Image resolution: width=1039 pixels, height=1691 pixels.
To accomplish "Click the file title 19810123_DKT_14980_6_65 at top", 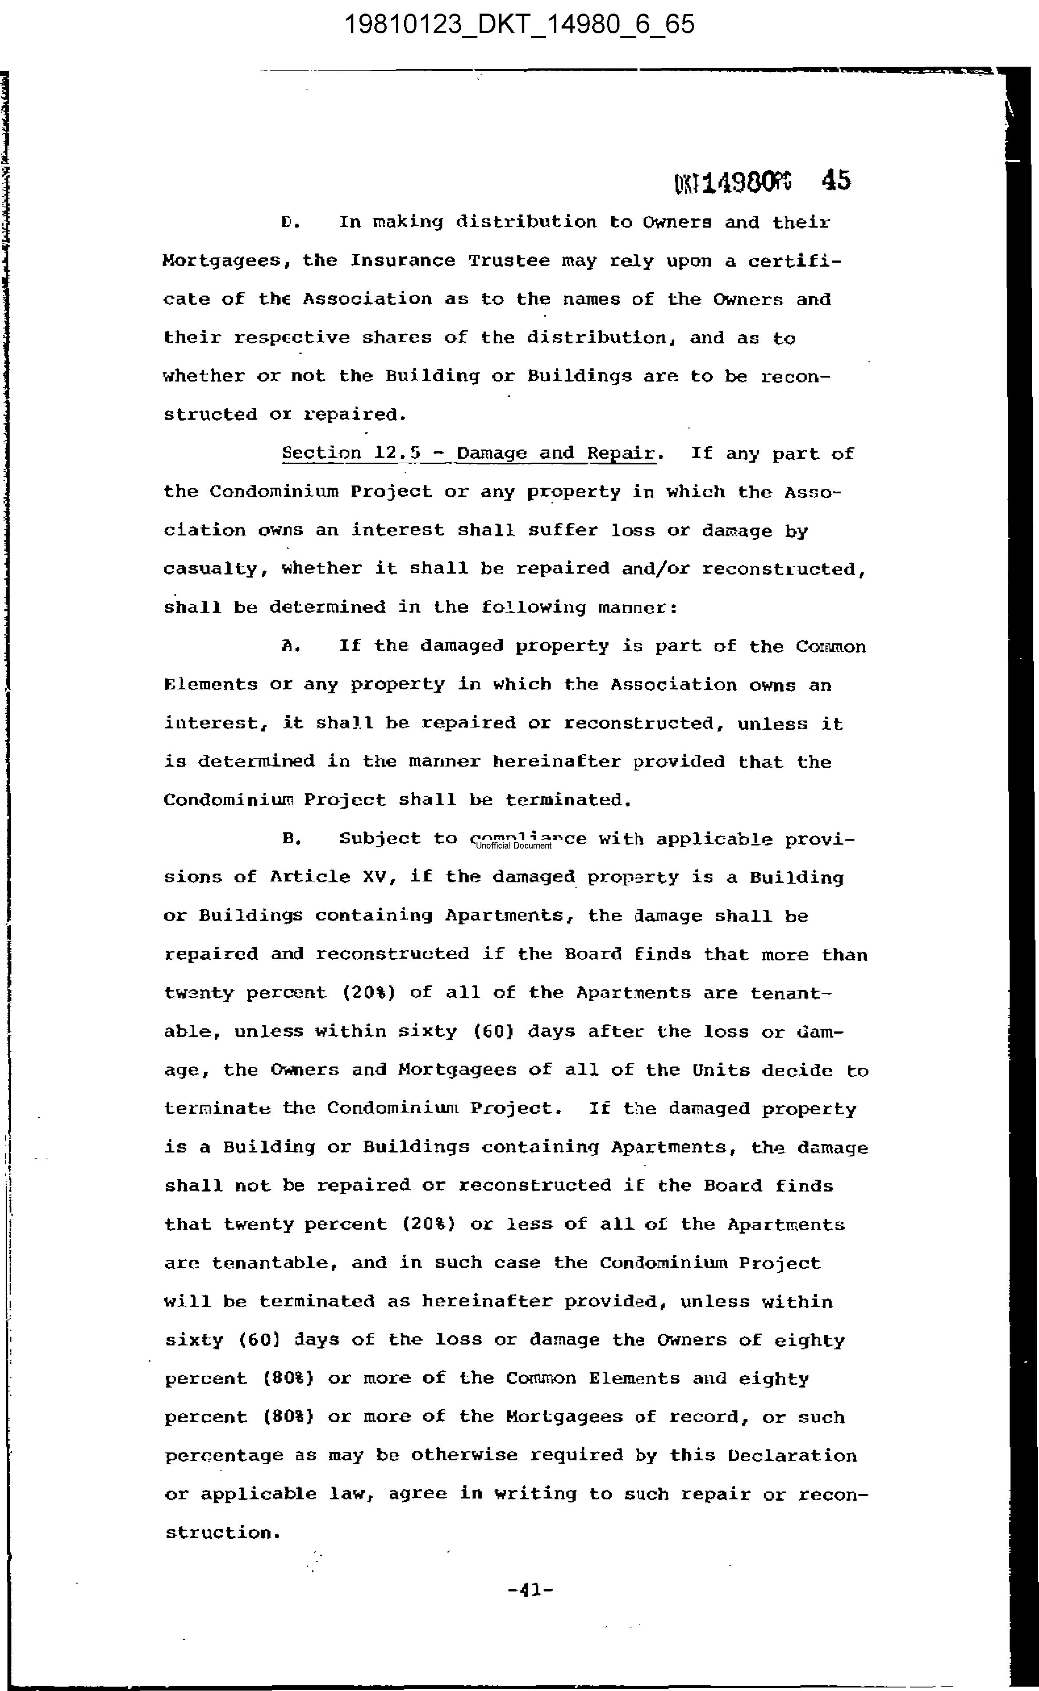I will [x=519, y=25].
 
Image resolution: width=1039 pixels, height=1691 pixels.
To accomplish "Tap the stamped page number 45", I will [x=836, y=181].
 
